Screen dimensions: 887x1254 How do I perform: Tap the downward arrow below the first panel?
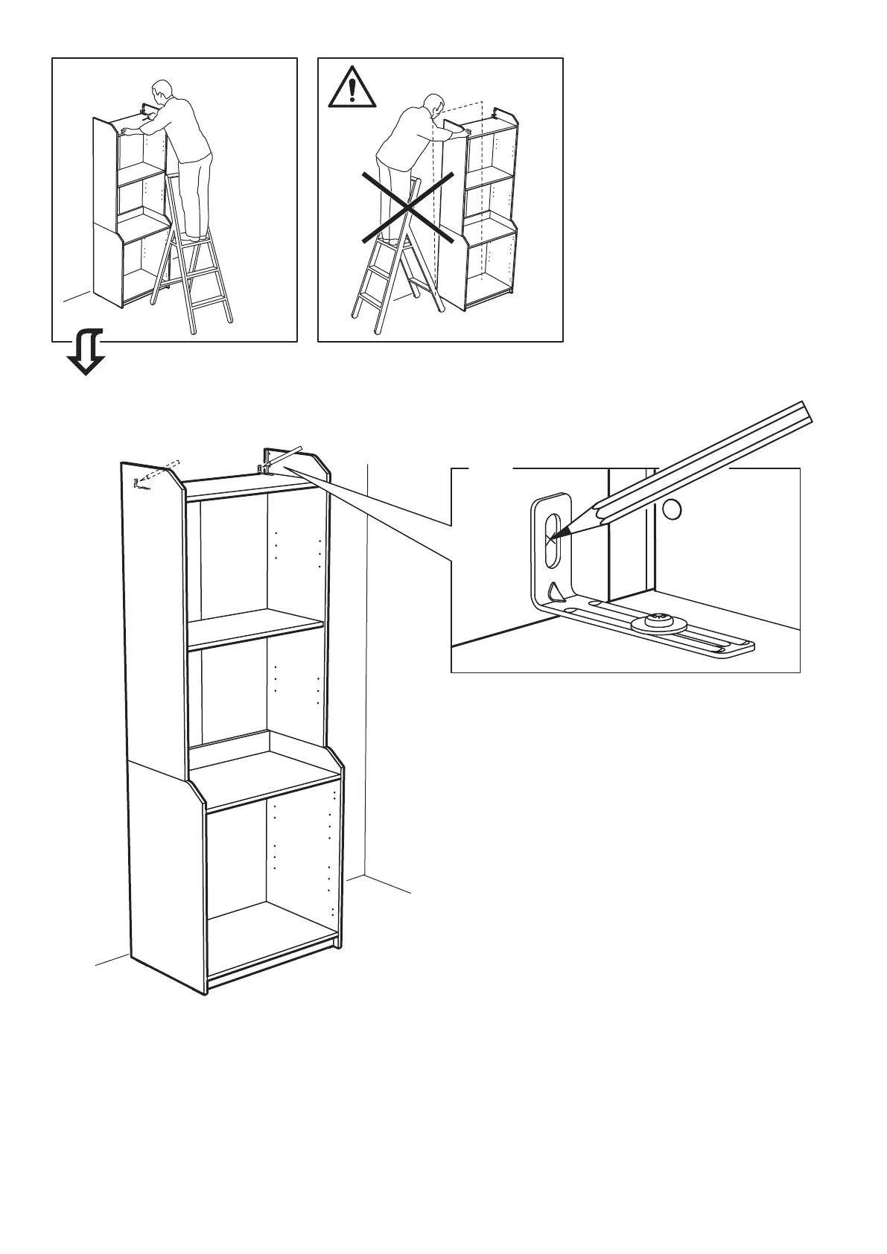pos(85,354)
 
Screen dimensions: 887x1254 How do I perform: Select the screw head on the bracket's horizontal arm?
pos(658,617)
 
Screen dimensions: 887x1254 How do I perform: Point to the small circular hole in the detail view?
pos(672,509)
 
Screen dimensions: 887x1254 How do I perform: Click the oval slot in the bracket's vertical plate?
pos(553,538)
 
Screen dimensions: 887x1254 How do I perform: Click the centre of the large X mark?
pos(408,206)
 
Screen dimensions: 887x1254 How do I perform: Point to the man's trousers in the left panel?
pos(196,194)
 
